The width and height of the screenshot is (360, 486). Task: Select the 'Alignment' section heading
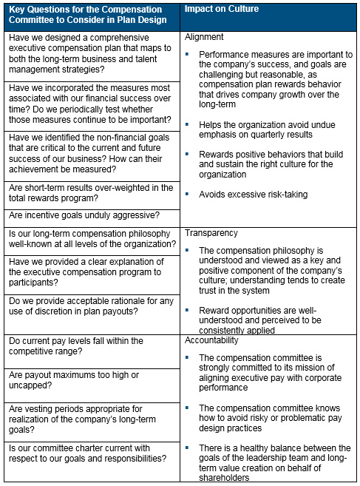[204, 36]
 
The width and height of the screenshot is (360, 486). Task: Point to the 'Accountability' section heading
[214, 340]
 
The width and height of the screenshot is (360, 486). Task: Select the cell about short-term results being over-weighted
[90, 193]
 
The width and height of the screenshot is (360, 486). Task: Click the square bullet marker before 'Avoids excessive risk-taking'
[189, 193]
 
